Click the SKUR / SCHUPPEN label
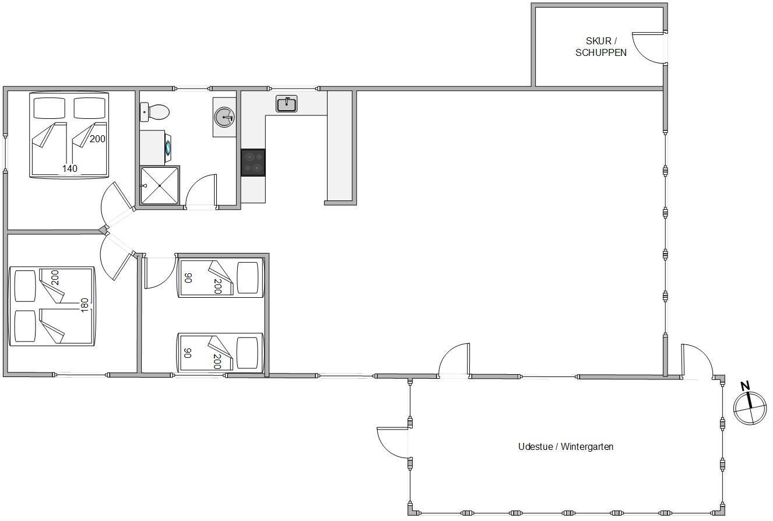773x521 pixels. coord(601,47)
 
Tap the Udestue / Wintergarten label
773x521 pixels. coord(565,447)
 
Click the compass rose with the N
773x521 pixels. coord(750,408)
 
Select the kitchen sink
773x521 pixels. coord(286,104)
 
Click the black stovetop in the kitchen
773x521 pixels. coord(253,163)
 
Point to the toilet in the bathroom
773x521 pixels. coord(154,112)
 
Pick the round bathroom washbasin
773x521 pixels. coord(224,117)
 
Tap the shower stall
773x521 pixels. coord(160,186)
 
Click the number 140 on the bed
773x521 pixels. coord(70,168)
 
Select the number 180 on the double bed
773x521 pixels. coord(85,305)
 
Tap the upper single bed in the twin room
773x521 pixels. coord(220,278)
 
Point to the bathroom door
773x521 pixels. coord(200,192)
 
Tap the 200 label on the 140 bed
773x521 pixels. coord(97,139)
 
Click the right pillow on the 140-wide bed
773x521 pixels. coord(90,108)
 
